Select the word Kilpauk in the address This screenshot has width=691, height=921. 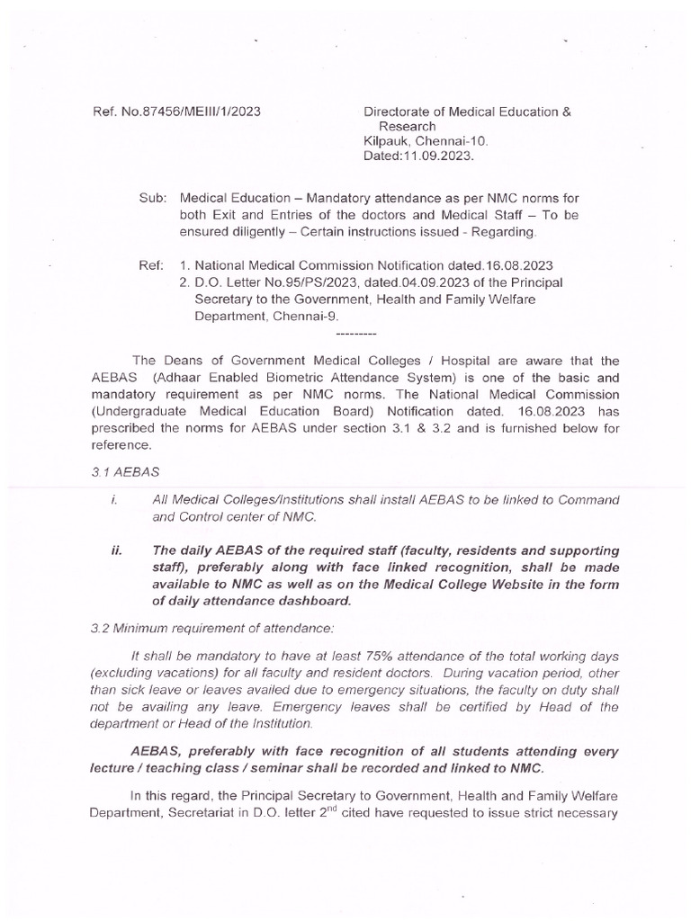pos(385,141)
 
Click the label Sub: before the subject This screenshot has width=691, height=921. pos(151,198)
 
